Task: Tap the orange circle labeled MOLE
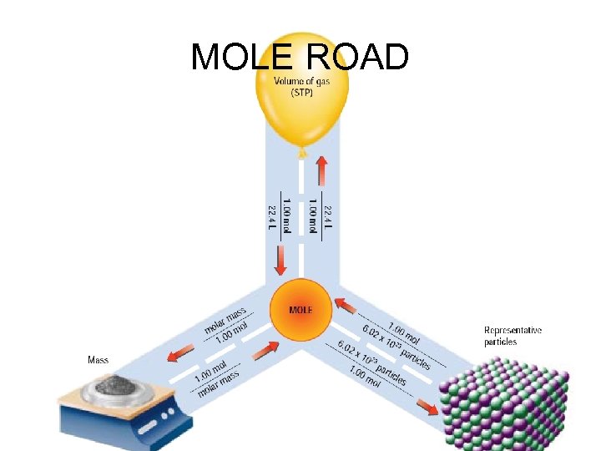pyautogui.click(x=301, y=310)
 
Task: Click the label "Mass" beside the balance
pyautogui.click(x=98, y=361)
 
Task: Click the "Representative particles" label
pyautogui.click(x=513, y=336)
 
